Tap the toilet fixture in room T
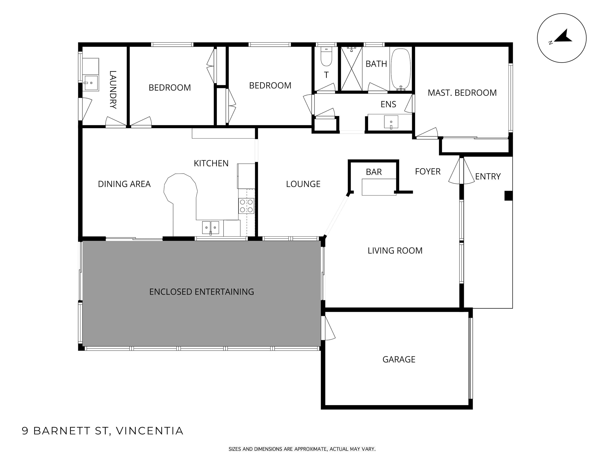[x=326, y=57]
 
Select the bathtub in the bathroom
[x=401, y=69]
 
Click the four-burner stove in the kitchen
[x=246, y=206]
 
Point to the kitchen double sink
[x=210, y=228]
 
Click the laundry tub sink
[x=91, y=83]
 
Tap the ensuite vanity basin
[x=391, y=122]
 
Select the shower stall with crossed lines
[x=352, y=68]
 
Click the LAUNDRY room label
[x=113, y=90]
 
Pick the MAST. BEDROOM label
[x=462, y=93]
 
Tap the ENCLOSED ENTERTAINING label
[x=202, y=292]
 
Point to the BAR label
[x=374, y=172]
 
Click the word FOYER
[x=428, y=172]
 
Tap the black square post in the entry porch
[x=508, y=196]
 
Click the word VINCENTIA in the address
[x=150, y=431]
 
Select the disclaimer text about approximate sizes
[x=302, y=449]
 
